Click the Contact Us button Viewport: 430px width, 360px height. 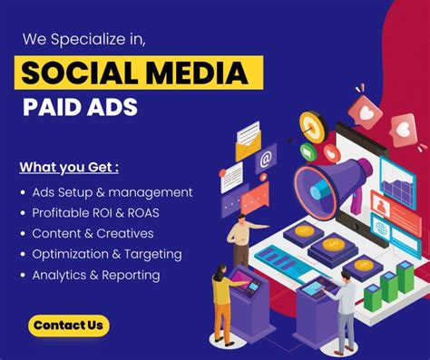(x=68, y=324)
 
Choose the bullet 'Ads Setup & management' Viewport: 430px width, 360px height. (x=112, y=192)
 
